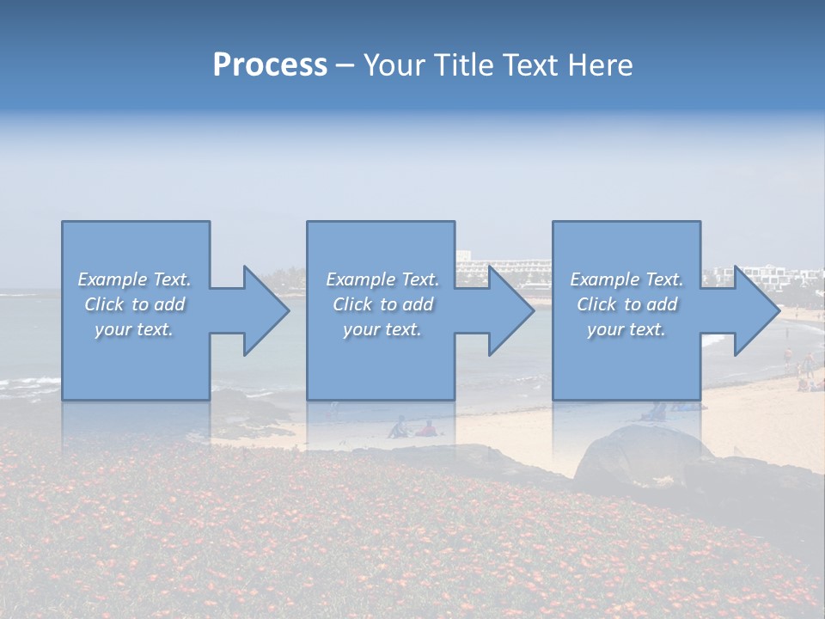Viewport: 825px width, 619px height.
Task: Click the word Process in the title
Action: click(270, 65)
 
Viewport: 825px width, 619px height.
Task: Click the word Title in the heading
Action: click(464, 65)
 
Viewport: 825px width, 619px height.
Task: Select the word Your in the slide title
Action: click(395, 65)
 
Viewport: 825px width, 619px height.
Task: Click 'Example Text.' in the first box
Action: click(134, 279)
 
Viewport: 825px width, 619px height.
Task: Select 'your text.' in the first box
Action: click(134, 329)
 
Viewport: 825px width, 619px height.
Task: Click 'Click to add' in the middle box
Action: click(382, 304)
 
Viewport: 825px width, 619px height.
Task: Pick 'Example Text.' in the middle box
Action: click(382, 279)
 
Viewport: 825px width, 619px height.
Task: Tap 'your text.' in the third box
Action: click(626, 329)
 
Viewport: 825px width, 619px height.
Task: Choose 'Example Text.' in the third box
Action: click(626, 279)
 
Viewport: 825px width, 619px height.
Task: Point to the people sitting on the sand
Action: click(411, 428)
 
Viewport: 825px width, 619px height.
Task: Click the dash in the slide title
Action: click(345, 65)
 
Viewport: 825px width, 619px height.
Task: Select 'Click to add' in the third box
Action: click(626, 304)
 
